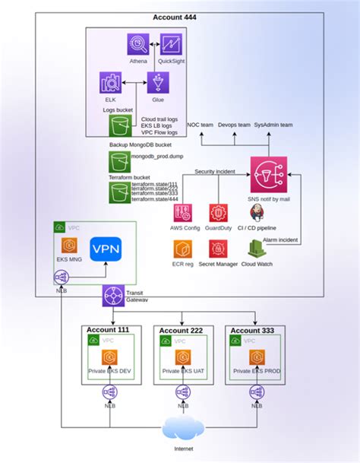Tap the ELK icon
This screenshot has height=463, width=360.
click(111, 83)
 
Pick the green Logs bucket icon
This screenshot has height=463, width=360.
click(115, 125)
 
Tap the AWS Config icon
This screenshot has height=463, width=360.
click(182, 213)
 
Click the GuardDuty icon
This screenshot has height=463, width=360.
click(219, 213)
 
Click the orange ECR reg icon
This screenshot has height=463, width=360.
click(182, 248)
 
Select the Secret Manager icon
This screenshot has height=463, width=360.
click(219, 248)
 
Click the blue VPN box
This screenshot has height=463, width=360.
click(105, 250)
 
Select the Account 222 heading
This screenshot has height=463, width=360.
click(182, 331)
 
